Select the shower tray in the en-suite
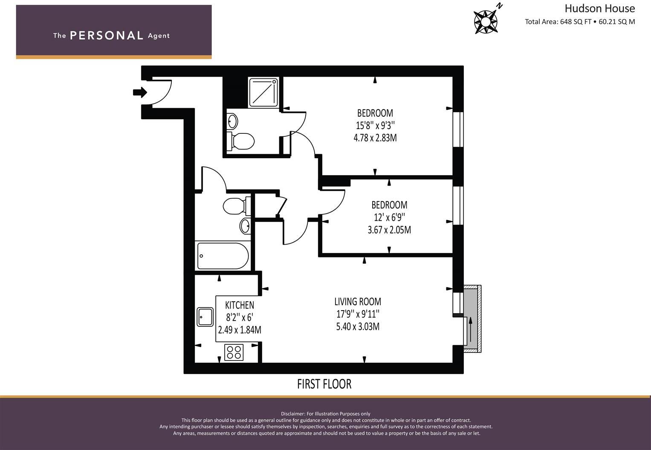coord(263,92)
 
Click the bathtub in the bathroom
coord(223,256)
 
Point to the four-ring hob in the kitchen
coord(234,352)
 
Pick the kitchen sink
coord(205,317)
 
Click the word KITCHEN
coord(240,305)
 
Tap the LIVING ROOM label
coord(358,302)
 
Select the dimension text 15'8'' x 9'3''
coord(375,126)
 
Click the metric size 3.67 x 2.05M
coord(389,230)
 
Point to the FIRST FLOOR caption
coord(324,384)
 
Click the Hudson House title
coord(599,9)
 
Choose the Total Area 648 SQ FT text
coord(558,22)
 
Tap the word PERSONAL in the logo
coord(107,35)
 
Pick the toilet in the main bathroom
coord(234,206)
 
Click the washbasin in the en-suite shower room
coord(232,121)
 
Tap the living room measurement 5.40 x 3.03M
coord(358,327)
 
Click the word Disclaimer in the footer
coord(293,414)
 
